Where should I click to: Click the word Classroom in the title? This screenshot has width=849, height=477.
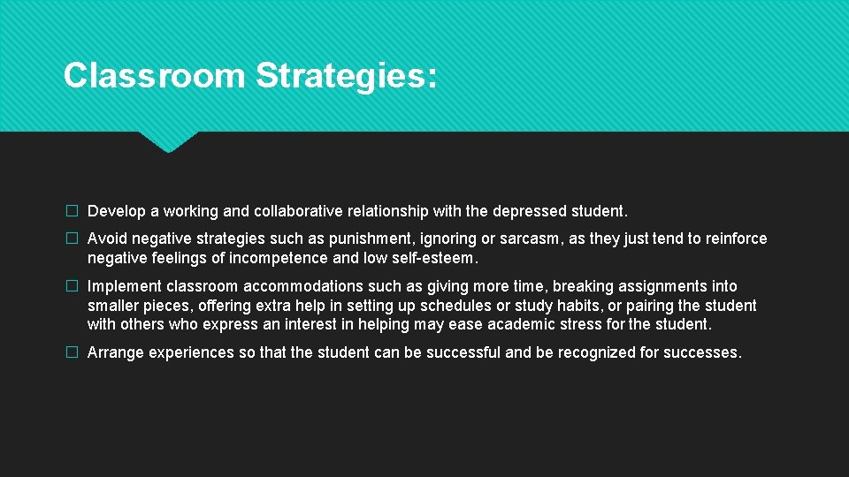point(154,75)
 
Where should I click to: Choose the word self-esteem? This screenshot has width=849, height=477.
point(432,258)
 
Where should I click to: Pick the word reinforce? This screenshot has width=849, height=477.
point(737,238)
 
